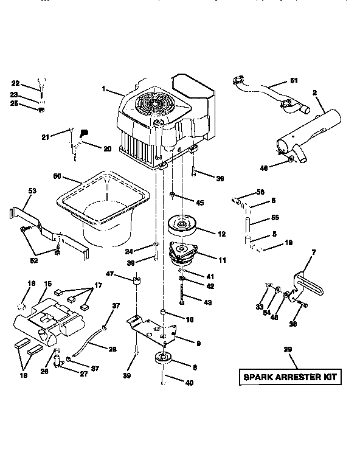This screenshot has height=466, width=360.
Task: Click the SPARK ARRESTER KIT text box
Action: coord(289,377)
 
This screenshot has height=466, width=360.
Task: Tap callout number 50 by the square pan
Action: coord(57,176)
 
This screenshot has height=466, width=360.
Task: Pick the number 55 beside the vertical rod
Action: coord(274,217)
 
